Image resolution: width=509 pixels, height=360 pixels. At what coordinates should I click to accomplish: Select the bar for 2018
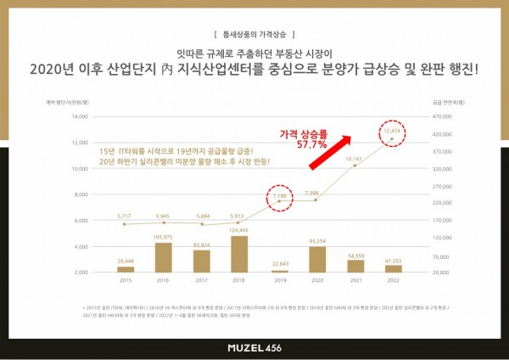click(239, 254)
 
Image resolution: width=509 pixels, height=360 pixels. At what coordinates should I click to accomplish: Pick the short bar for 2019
click(278, 271)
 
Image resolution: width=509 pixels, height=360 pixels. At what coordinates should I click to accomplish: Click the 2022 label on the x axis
click(394, 279)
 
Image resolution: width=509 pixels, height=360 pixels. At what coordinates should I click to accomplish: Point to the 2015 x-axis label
click(126, 279)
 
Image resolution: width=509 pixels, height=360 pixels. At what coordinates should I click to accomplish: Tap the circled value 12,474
click(393, 132)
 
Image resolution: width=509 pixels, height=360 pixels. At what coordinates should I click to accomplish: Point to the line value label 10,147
click(353, 158)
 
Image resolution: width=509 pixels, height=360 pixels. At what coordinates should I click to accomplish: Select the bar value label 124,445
click(239, 231)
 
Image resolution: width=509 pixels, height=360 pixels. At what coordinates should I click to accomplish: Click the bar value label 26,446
click(126, 262)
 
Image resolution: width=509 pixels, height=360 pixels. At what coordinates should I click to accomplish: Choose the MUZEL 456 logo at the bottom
click(255, 347)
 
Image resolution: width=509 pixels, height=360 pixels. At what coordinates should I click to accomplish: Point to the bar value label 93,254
click(317, 241)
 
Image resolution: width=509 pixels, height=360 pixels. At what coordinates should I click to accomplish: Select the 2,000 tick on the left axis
click(81, 273)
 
